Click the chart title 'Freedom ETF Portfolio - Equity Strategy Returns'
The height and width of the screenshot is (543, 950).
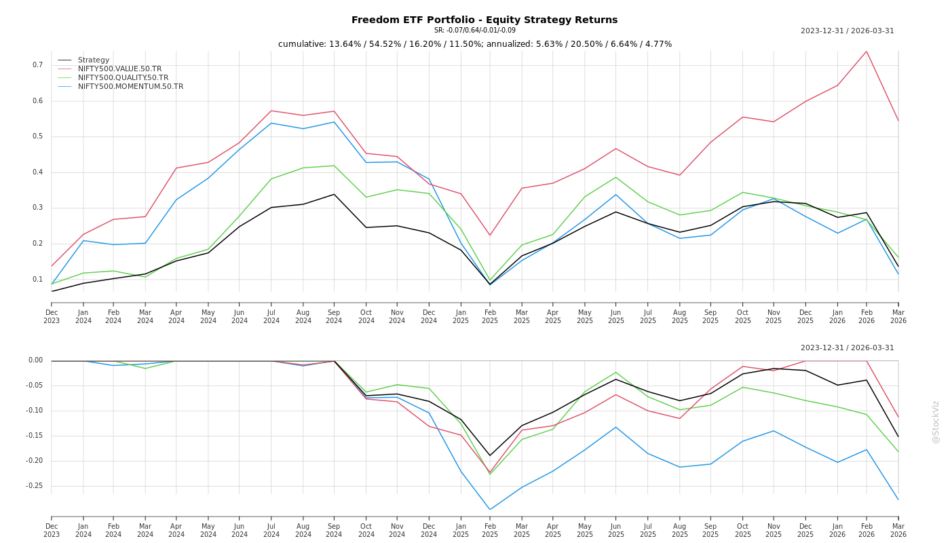point(484,20)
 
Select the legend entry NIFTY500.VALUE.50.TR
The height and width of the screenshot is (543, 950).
point(119,69)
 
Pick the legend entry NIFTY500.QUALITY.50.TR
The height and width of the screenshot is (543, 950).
point(123,77)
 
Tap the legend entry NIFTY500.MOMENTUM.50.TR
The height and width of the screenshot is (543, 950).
point(130,86)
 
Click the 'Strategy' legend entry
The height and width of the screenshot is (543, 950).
point(93,60)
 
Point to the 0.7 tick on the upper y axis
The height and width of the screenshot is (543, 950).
point(37,65)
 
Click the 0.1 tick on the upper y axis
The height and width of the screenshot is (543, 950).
point(37,279)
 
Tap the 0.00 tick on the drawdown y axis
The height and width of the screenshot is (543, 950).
point(35,360)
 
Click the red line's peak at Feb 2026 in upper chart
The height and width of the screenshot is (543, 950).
point(867,51)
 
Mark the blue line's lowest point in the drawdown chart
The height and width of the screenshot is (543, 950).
point(490,510)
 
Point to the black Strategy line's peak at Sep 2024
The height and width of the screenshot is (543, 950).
point(334,194)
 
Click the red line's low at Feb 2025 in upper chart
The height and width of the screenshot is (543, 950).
point(490,236)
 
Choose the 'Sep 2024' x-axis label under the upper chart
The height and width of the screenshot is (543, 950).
point(334,316)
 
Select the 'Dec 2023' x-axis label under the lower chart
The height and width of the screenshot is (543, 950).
point(52,530)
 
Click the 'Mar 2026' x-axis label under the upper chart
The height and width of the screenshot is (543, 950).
point(898,316)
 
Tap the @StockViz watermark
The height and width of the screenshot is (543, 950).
point(936,422)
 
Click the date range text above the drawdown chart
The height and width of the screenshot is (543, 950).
point(847,348)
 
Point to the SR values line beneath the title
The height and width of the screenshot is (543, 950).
point(475,31)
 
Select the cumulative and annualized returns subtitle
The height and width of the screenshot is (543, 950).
point(475,44)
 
